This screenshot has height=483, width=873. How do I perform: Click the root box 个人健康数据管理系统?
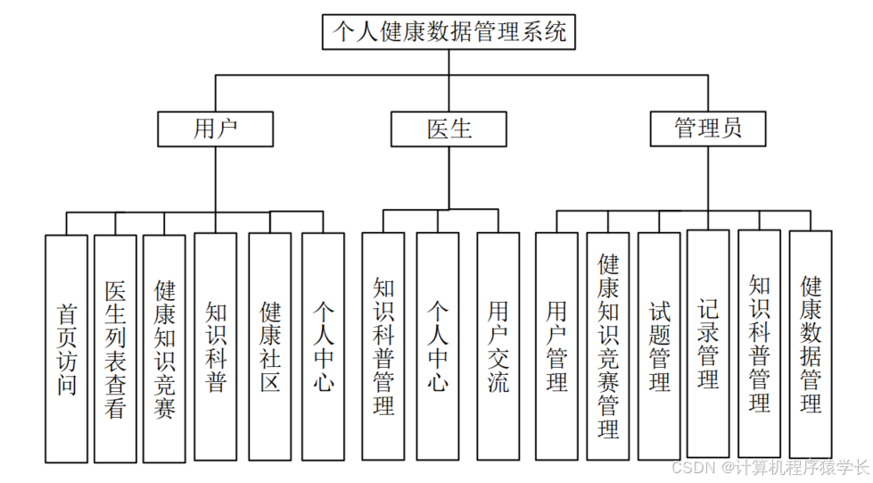point(449,32)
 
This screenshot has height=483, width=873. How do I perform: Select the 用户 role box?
point(216,129)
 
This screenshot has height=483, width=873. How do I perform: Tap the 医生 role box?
point(449,129)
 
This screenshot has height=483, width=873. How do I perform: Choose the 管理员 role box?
point(708,129)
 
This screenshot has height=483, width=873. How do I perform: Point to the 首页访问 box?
point(67,348)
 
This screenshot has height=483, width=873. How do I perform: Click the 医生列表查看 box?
point(115,348)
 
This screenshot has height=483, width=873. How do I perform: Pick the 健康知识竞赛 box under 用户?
point(165,348)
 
